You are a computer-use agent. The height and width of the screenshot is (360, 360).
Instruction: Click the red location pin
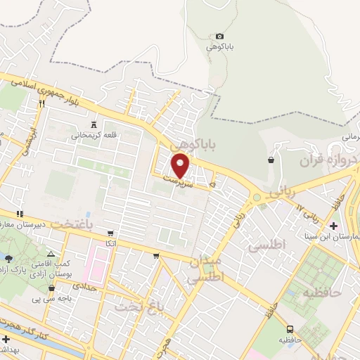point(181,166)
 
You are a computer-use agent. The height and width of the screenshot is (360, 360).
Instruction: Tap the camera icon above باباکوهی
point(219,37)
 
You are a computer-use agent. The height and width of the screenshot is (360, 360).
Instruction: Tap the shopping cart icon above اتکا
point(110,233)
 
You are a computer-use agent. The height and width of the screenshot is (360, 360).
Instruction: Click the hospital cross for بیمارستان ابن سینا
point(334,225)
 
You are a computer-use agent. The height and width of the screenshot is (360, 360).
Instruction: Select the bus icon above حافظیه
point(289,328)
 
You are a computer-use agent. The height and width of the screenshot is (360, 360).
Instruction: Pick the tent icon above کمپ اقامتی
point(49,254)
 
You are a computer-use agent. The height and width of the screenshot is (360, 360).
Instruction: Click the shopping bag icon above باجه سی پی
point(51,288)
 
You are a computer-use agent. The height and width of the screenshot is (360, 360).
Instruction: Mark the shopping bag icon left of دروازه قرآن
point(271,160)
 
